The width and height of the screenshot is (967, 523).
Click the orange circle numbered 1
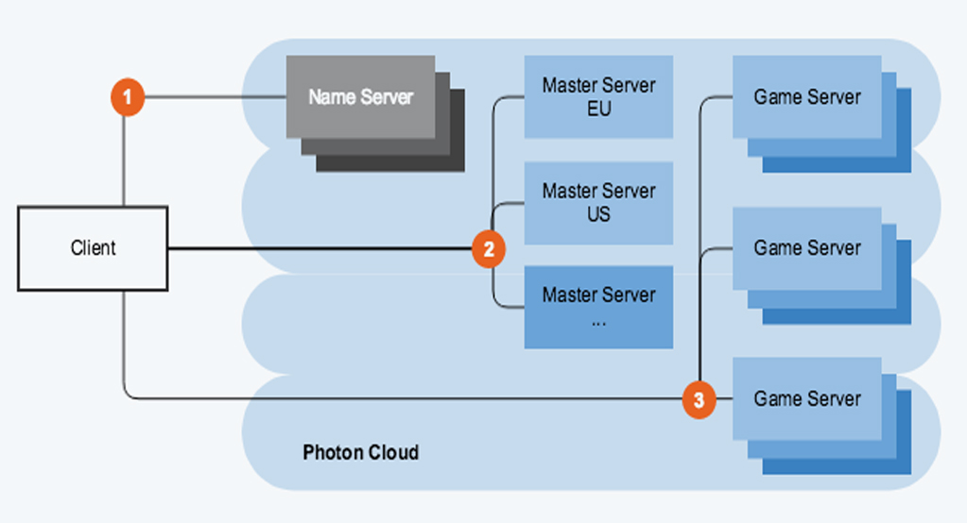[127, 97]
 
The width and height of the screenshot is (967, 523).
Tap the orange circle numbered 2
[489, 249]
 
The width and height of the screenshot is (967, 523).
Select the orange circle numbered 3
[699, 399]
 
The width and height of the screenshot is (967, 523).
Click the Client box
[93, 248]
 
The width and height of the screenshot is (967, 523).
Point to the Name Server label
[360, 96]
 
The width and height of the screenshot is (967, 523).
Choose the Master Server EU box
[598, 96]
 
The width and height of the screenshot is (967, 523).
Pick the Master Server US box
[598, 202]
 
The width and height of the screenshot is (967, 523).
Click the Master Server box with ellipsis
[598, 307]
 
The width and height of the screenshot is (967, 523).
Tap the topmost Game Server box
[807, 96]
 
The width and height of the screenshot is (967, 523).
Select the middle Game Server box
[807, 247]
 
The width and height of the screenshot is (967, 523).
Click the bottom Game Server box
[807, 398]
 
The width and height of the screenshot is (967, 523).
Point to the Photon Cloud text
[360, 452]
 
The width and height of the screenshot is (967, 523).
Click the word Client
[93, 248]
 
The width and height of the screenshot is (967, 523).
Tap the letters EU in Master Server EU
[598, 109]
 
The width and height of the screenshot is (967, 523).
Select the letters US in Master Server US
[598, 214]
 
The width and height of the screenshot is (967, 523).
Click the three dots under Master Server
[598, 321]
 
